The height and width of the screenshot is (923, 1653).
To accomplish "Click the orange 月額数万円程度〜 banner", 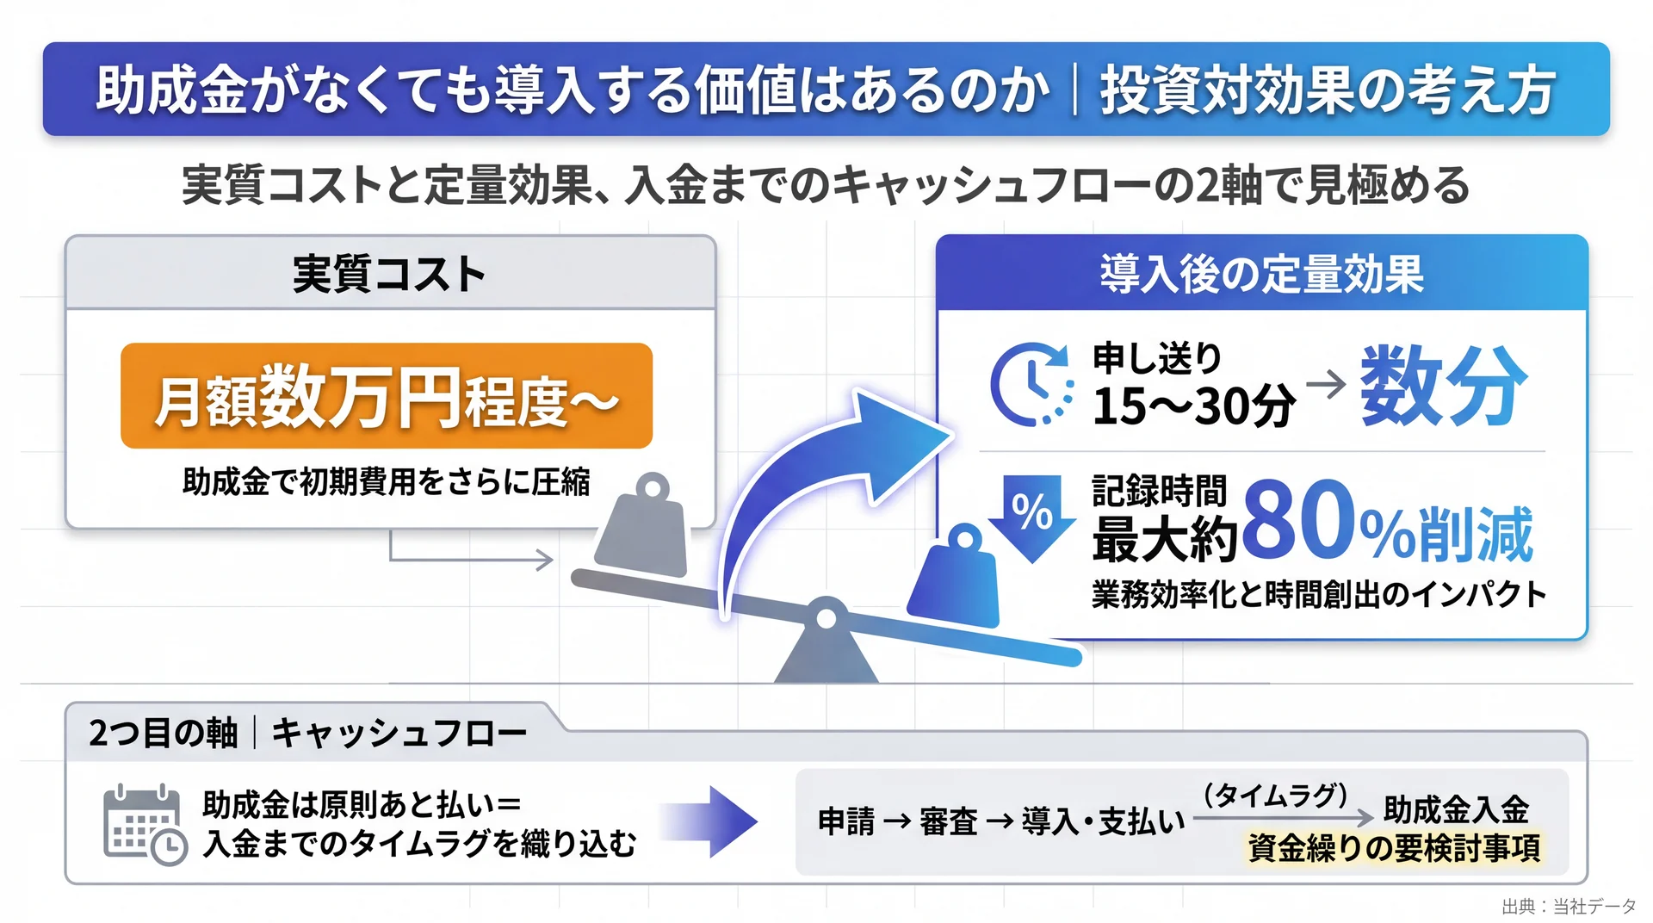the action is tap(387, 396).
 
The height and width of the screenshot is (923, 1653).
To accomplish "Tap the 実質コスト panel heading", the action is tap(389, 275).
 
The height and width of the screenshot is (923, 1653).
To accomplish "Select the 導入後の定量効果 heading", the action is tap(1261, 275).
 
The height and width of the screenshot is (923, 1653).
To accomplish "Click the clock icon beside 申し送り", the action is tap(1031, 384).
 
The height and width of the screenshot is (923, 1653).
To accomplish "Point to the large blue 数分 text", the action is tap(1444, 385).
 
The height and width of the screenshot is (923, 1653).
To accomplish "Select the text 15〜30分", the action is tap(1193, 406).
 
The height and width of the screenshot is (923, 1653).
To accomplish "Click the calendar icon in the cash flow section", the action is tap(145, 825).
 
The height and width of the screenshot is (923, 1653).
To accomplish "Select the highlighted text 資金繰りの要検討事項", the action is tap(1394, 848).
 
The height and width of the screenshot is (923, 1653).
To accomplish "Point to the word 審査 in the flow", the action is tap(948, 821).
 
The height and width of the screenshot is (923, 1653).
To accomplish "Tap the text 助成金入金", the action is tap(1456, 809).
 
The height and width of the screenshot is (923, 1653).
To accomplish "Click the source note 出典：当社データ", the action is tap(1569, 906).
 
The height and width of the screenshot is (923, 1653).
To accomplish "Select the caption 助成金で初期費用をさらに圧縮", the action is tap(387, 481).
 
